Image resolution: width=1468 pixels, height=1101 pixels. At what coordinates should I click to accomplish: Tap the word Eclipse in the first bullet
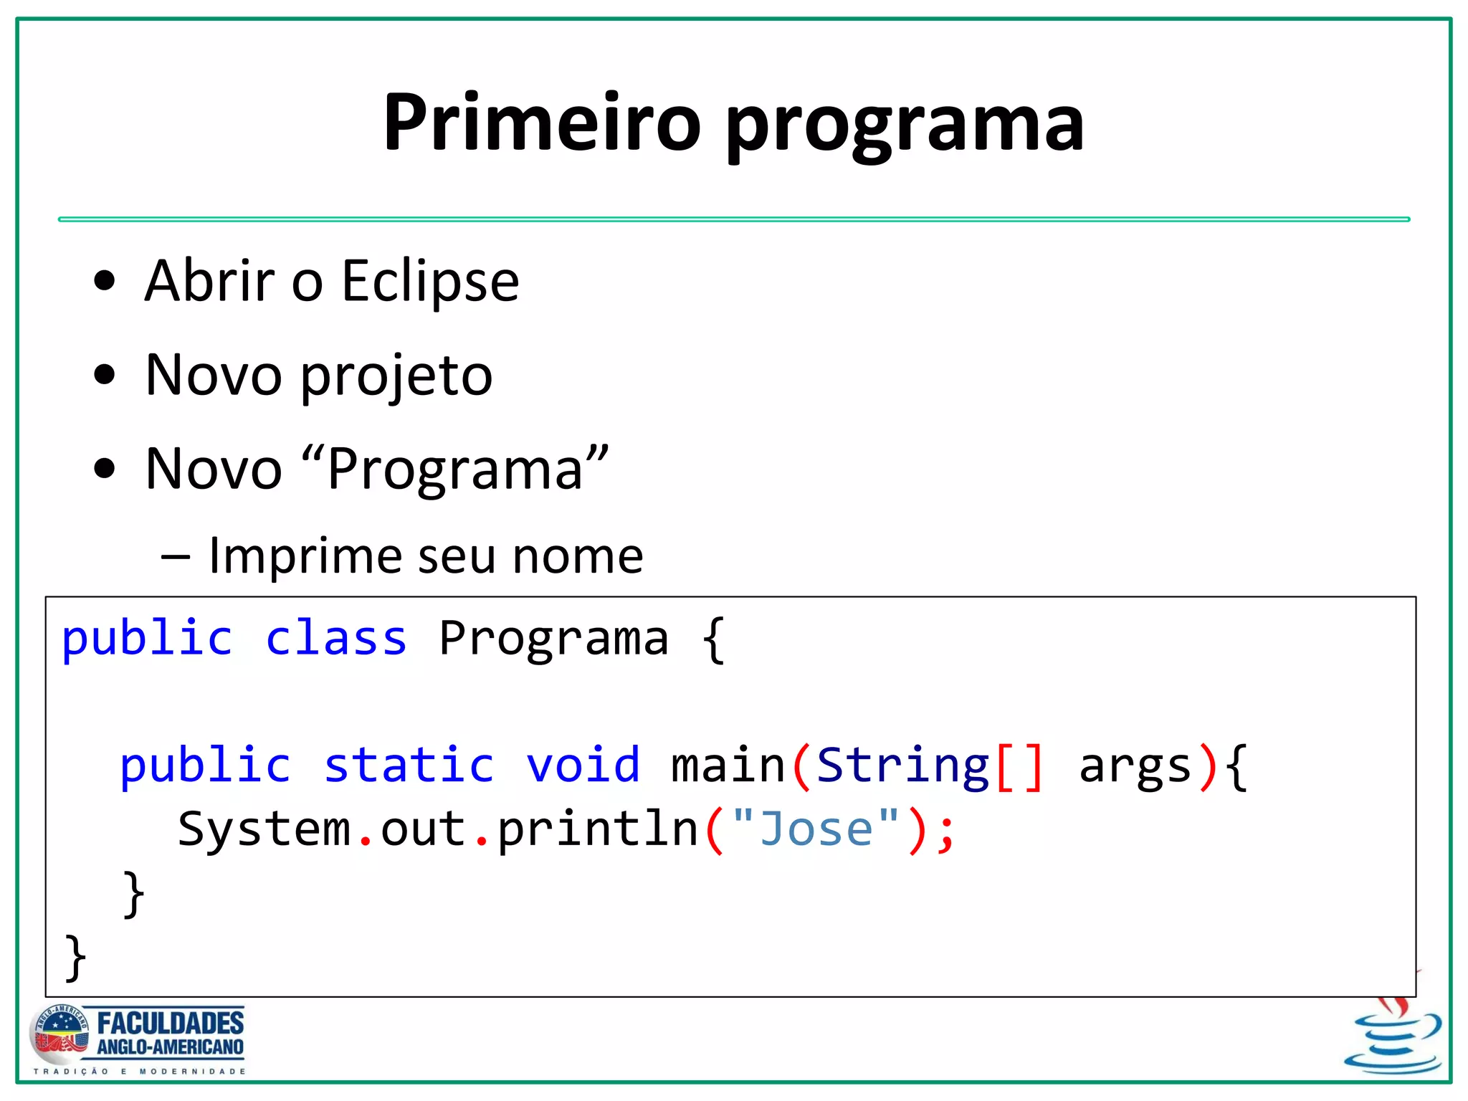point(430,281)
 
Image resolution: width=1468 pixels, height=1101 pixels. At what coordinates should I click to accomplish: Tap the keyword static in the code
point(409,765)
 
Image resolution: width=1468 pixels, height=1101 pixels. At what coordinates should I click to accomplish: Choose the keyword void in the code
point(583,765)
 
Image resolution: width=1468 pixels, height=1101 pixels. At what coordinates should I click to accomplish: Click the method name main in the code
point(728,765)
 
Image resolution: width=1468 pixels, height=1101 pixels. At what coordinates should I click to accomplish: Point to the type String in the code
point(903,765)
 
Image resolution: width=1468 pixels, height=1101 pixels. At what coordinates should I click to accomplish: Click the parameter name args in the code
point(1135,766)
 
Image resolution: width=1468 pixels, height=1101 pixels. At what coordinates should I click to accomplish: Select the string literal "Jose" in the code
point(816,829)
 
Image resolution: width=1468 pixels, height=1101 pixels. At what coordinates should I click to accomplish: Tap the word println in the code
point(597,830)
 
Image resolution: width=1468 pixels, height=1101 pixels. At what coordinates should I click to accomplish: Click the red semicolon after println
point(946,831)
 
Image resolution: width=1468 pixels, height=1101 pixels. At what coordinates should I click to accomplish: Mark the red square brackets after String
point(1019,766)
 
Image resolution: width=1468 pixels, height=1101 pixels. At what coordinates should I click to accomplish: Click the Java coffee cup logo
point(1393,1039)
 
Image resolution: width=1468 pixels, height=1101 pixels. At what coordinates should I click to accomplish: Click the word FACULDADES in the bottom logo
point(171,1023)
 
